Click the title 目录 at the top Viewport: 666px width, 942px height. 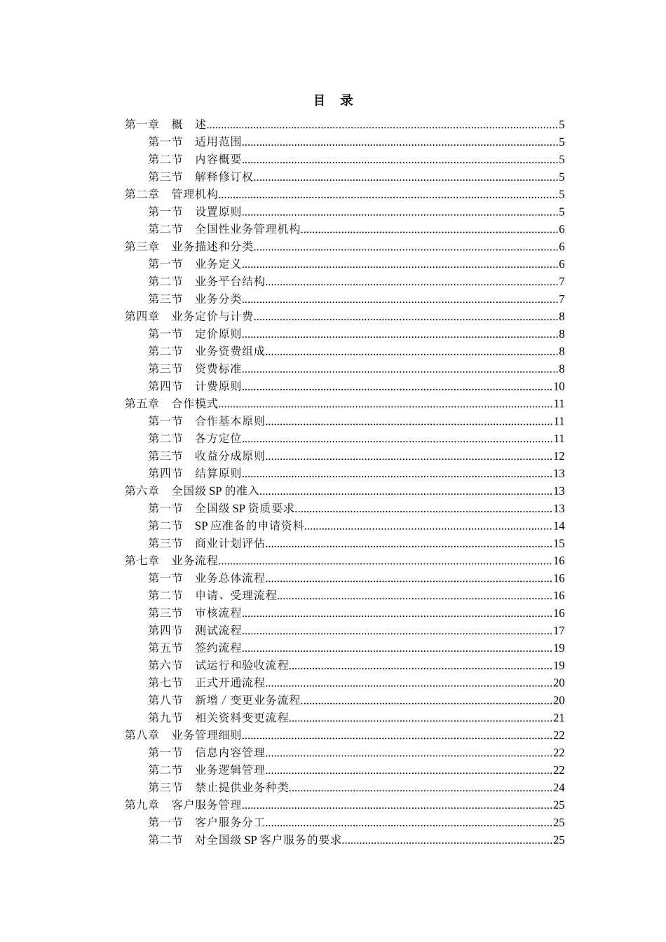pos(333,100)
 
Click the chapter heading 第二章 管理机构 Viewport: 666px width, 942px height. pos(171,194)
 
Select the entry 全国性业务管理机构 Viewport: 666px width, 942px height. pos(247,229)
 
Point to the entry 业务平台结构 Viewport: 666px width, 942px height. pos(230,282)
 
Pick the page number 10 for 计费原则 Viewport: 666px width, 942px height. pos(559,386)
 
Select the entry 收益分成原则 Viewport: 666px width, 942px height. pos(230,456)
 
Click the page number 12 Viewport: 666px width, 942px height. pos(559,456)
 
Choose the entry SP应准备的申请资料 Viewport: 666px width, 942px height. pos(249,526)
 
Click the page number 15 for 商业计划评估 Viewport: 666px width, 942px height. pos(559,543)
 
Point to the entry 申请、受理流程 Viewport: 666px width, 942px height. pos(236,596)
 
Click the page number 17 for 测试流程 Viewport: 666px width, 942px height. pos(559,631)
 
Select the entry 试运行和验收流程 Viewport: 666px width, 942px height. pos(242,665)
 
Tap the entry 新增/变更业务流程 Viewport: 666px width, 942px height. pos(247,700)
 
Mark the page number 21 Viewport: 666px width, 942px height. pos(559,718)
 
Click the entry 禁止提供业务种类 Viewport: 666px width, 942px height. pos(242,787)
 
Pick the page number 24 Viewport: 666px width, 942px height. pos(559,787)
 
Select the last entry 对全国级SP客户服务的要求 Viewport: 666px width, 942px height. pos(268,840)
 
